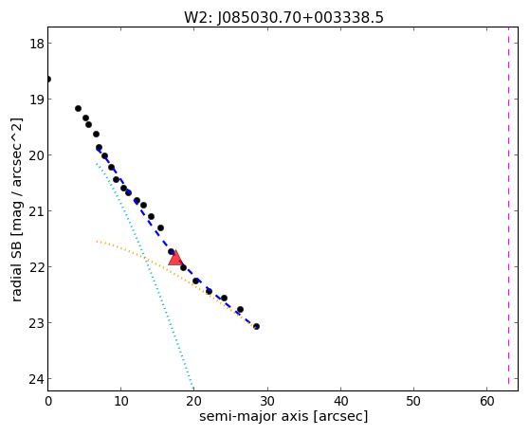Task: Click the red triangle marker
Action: (175, 259)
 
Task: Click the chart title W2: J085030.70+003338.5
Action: (283, 18)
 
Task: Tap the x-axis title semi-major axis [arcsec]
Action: (283, 416)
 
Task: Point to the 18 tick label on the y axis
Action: (36, 44)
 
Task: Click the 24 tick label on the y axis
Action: (36, 379)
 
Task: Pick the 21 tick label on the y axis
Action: (36, 211)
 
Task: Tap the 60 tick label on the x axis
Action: (486, 401)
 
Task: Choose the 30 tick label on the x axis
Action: (267, 401)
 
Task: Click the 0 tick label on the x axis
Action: (48, 401)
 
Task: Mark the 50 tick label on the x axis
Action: (413, 401)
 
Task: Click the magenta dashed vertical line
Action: (508, 208)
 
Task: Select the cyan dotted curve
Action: (144, 275)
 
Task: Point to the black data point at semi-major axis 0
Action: (48, 80)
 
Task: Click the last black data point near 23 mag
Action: (257, 327)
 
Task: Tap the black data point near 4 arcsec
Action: (78, 108)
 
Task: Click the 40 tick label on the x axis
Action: (340, 401)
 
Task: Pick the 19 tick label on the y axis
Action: (36, 100)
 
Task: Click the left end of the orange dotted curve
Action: (97, 241)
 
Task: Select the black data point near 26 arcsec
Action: (240, 310)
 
